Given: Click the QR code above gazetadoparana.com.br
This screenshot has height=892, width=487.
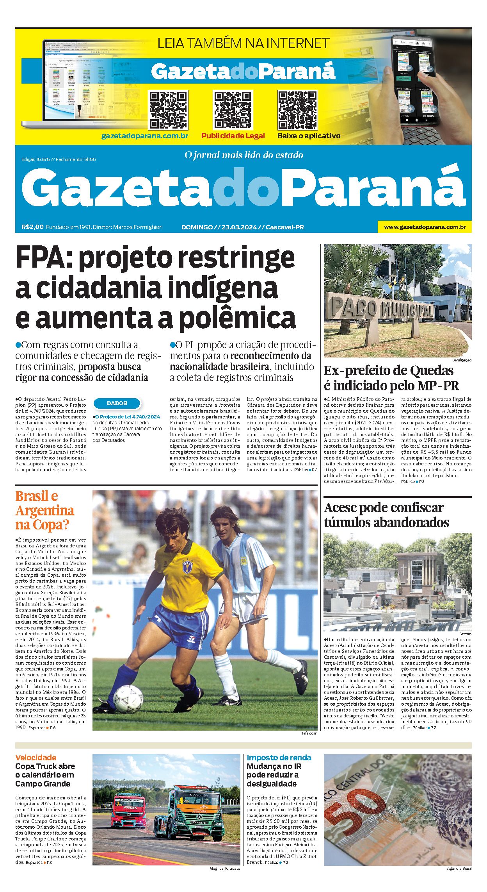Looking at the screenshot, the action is [168, 110].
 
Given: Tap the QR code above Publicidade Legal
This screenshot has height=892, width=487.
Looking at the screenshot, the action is [233, 110].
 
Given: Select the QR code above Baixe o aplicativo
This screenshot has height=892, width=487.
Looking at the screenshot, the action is [297, 110].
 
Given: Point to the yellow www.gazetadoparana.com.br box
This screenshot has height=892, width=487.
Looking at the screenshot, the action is [425, 227].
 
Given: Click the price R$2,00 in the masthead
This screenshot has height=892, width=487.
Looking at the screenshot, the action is [32, 227].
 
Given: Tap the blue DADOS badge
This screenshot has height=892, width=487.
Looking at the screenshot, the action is [117, 403].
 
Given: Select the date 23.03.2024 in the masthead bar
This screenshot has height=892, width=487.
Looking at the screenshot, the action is [239, 227].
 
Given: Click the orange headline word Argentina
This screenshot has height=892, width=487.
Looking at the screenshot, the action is [45, 511].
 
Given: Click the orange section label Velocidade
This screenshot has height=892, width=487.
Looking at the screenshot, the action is [36, 758].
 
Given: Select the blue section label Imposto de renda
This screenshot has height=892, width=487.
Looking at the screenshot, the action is [279, 758].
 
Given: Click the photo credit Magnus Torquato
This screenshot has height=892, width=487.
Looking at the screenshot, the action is [225, 869].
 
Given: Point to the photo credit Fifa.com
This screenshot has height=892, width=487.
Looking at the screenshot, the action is [309, 733].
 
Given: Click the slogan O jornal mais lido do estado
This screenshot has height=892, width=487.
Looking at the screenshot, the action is [243, 155].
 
